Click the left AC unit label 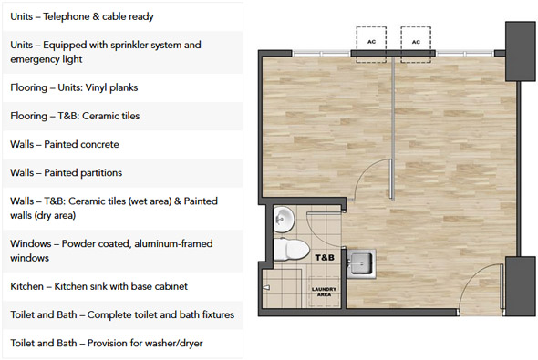[371, 42]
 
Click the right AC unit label [416, 42]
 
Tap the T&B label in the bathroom [325, 258]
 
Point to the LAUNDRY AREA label [324, 292]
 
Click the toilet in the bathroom [291, 249]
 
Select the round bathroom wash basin [284, 219]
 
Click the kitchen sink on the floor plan [361, 263]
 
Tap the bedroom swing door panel [390, 179]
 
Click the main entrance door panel [502, 286]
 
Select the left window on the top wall [321, 54]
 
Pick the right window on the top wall [465, 54]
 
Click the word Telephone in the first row [67, 16]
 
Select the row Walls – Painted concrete [65, 144]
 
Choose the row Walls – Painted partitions [67, 173]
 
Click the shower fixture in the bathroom [266, 288]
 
